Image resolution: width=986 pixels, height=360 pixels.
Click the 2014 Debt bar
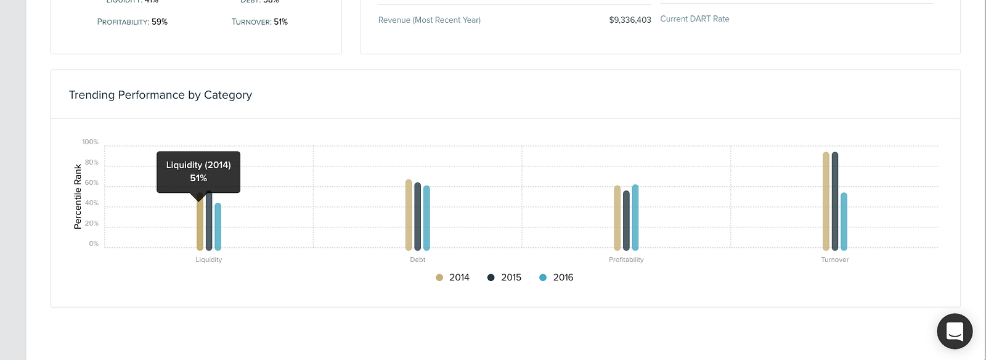click(409, 215)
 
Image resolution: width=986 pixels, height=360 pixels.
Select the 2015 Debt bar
click(418, 216)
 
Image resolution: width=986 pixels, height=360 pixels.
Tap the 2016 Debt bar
click(426, 218)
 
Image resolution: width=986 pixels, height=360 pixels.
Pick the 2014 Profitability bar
click(617, 218)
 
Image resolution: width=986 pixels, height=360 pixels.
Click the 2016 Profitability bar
click(635, 218)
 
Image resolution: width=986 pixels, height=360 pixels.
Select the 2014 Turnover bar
click(826, 201)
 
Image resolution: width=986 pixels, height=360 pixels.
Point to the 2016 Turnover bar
click(844, 221)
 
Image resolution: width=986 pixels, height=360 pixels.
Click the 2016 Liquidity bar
click(218, 227)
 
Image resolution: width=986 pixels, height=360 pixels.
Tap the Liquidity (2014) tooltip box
click(198, 172)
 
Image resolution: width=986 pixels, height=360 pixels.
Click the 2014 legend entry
click(453, 277)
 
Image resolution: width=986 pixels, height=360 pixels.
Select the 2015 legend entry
click(505, 277)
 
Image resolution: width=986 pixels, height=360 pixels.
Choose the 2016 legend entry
click(556, 277)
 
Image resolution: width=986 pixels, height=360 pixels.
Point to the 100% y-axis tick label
click(90, 142)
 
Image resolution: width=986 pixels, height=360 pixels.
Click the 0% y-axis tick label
click(94, 243)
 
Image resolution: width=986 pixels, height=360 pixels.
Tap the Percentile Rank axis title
click(78, 197)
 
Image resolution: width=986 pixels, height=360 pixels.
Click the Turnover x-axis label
click(834, 260)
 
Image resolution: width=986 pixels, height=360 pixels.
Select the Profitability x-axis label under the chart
click(626, 260)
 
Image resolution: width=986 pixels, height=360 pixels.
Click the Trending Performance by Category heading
click(160, 95)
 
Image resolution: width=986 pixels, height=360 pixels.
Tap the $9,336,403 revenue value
click(630, 20)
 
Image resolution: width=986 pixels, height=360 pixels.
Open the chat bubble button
click(955, 332)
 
